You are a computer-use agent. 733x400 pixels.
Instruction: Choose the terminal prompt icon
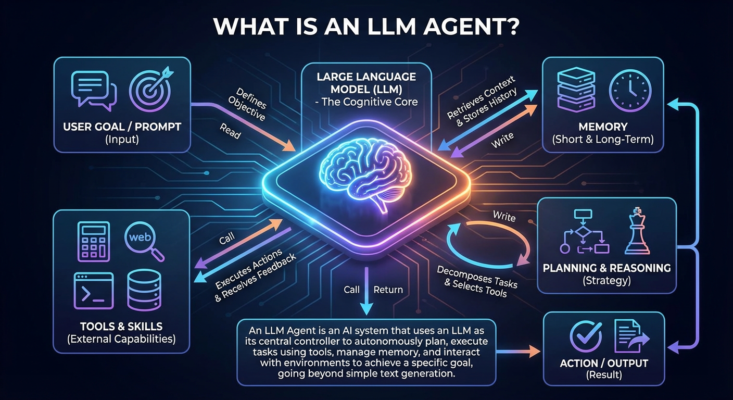(x=93, y=291)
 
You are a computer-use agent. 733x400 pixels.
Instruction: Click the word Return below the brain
(x=388, y=290)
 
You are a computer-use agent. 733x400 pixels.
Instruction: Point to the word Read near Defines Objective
(x=230, y=133)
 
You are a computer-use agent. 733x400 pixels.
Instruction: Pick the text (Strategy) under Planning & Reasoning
(x=606, y=281)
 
